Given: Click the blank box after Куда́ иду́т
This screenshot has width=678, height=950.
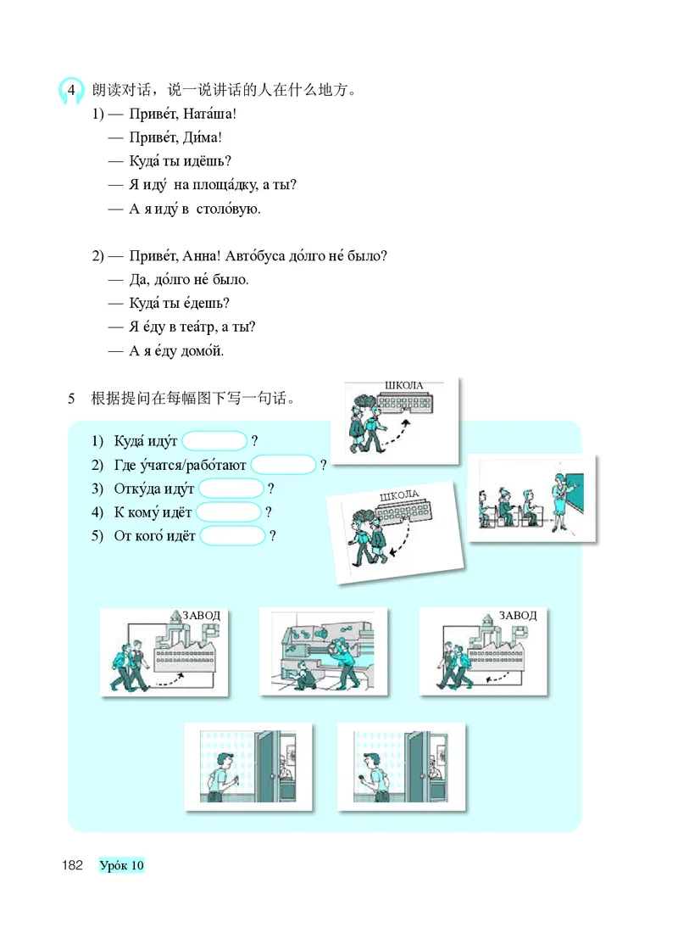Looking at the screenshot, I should (215, 441).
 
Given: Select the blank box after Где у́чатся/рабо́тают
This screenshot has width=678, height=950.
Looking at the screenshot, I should (284, 465).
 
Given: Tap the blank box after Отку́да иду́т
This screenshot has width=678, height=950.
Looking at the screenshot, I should (231, 489).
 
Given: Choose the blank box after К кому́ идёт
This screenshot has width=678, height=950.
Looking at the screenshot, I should (229, 512).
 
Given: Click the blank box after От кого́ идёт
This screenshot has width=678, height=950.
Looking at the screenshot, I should (233, 536).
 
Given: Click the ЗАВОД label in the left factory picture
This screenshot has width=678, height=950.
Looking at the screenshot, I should (201, 615).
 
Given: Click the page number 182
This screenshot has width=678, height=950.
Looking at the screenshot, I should (71, 865).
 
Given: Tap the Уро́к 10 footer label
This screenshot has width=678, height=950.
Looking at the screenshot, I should (122, 865).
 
